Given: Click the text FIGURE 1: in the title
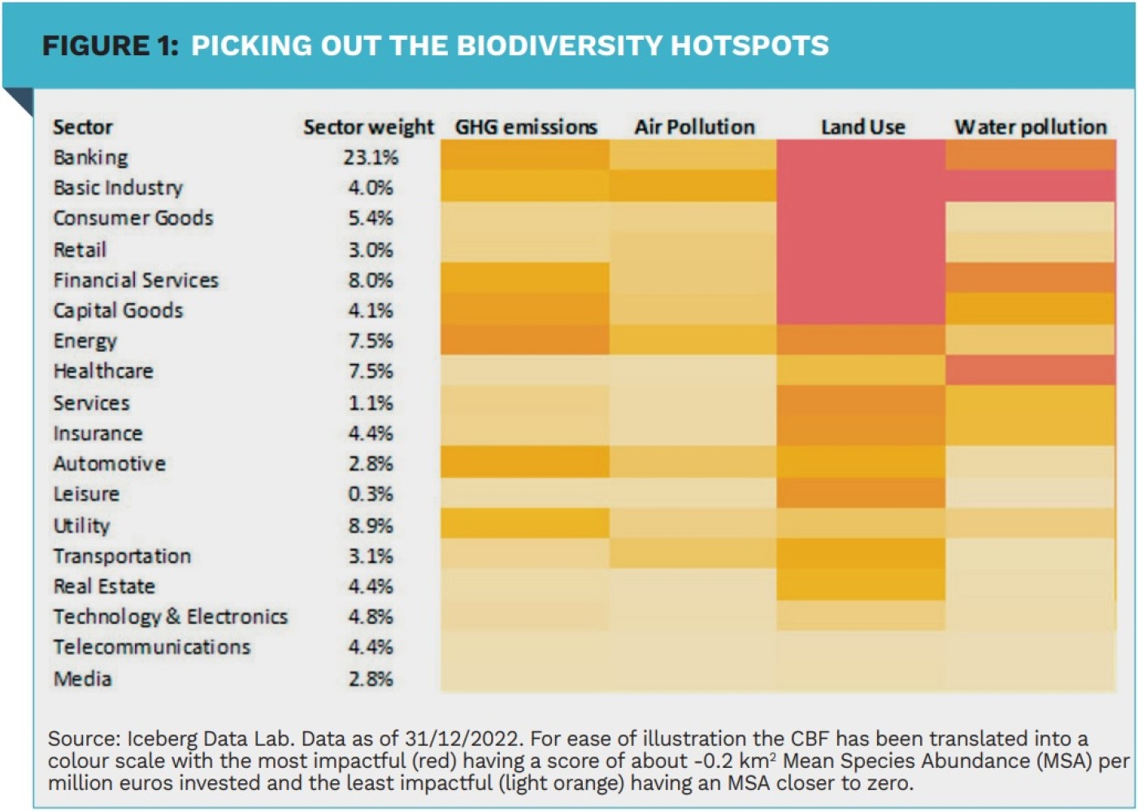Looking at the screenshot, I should [110, 46].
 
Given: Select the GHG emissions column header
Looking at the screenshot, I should [526, 127].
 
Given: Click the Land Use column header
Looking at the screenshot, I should [862, 127].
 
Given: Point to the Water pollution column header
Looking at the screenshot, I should [1031, 127].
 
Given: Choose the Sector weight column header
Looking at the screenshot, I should [368, 127].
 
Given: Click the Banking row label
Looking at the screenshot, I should [90, 157].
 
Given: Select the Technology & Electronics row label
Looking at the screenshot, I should [170, 617].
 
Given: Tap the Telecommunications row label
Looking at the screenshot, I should [152, 647].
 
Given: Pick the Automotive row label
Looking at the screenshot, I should [109, 463].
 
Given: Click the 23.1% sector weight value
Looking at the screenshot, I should [371, 157].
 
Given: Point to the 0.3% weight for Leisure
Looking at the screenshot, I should [371, 494].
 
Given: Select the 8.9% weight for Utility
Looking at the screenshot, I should [371, 525].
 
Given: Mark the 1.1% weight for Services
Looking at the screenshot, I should [371, 403].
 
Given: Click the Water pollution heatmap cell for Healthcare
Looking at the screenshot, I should [1030, 371].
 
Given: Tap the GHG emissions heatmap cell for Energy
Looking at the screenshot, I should [525, 340].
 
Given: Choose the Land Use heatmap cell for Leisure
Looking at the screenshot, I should [861, 493].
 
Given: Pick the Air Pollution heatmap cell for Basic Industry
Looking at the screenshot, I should [693, 186].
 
